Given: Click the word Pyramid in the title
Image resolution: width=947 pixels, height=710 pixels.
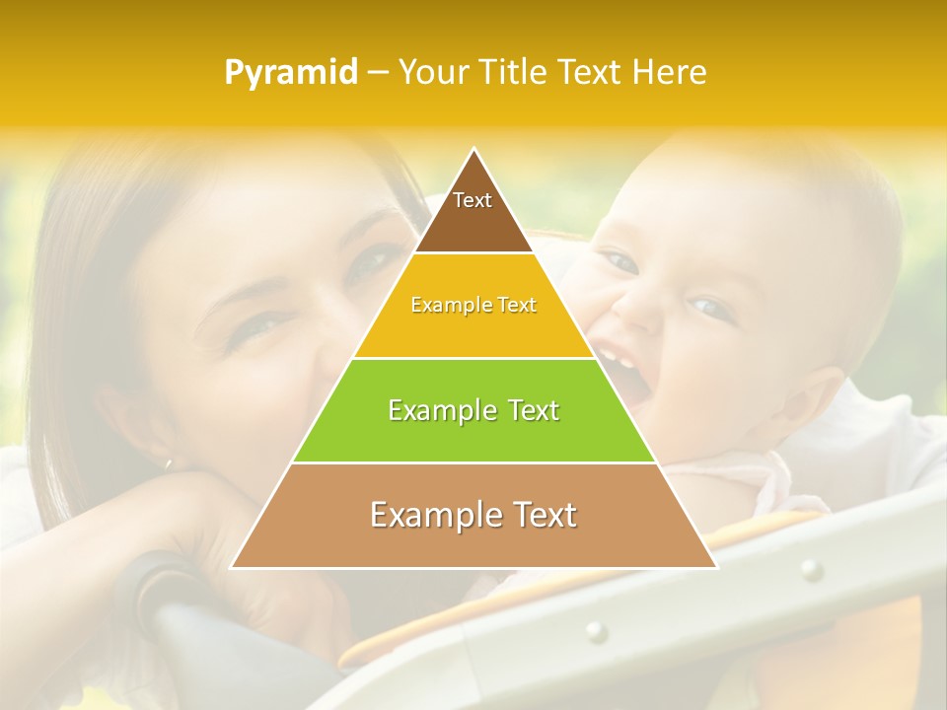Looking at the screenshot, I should pos(290,73).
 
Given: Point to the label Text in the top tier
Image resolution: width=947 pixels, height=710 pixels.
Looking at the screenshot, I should pos(473,200).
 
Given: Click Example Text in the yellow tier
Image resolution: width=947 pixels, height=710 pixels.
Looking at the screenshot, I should pos(473,306).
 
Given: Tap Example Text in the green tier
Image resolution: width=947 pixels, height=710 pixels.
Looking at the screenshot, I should pos(473,410).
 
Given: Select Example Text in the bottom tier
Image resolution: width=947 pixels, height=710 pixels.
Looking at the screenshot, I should pos(473,515).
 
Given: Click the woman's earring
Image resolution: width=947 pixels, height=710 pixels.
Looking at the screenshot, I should pos(168,461).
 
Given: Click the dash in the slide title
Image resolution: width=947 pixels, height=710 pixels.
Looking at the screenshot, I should pos(377,73).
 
